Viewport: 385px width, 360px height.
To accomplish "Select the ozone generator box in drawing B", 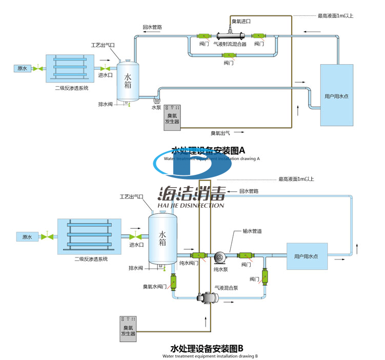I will (x=128, y=327).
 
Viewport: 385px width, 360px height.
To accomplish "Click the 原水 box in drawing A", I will (x=22, y=68).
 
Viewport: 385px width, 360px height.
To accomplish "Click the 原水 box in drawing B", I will (x=27, y=237).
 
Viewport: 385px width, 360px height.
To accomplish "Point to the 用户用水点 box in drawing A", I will (x=336, y=95).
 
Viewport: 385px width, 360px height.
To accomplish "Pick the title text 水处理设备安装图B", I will (x=207, y=349).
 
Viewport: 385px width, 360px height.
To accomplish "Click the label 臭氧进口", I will (x=241, y=22).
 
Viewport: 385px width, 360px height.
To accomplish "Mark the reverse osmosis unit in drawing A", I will (x=69, y=68).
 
